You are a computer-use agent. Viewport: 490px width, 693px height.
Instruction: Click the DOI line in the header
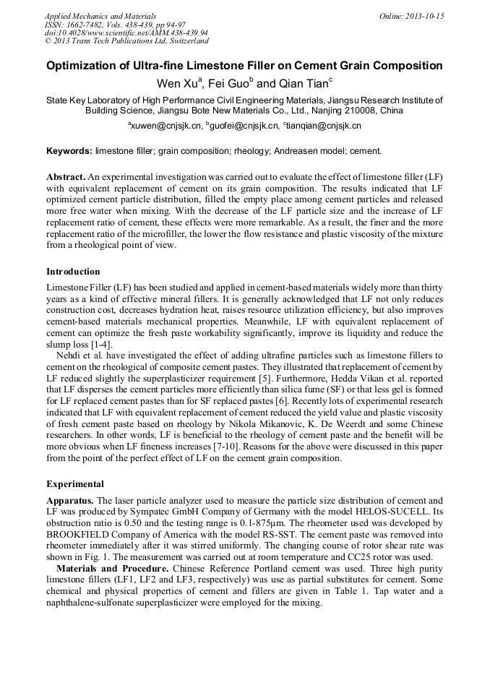(x=126, y=33)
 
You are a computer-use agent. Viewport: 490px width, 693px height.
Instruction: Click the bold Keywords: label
(x=69, y=151)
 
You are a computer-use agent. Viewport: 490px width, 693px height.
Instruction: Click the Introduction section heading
(x=73, y=272)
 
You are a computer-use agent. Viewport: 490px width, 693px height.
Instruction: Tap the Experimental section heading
(x=75, y=483)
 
